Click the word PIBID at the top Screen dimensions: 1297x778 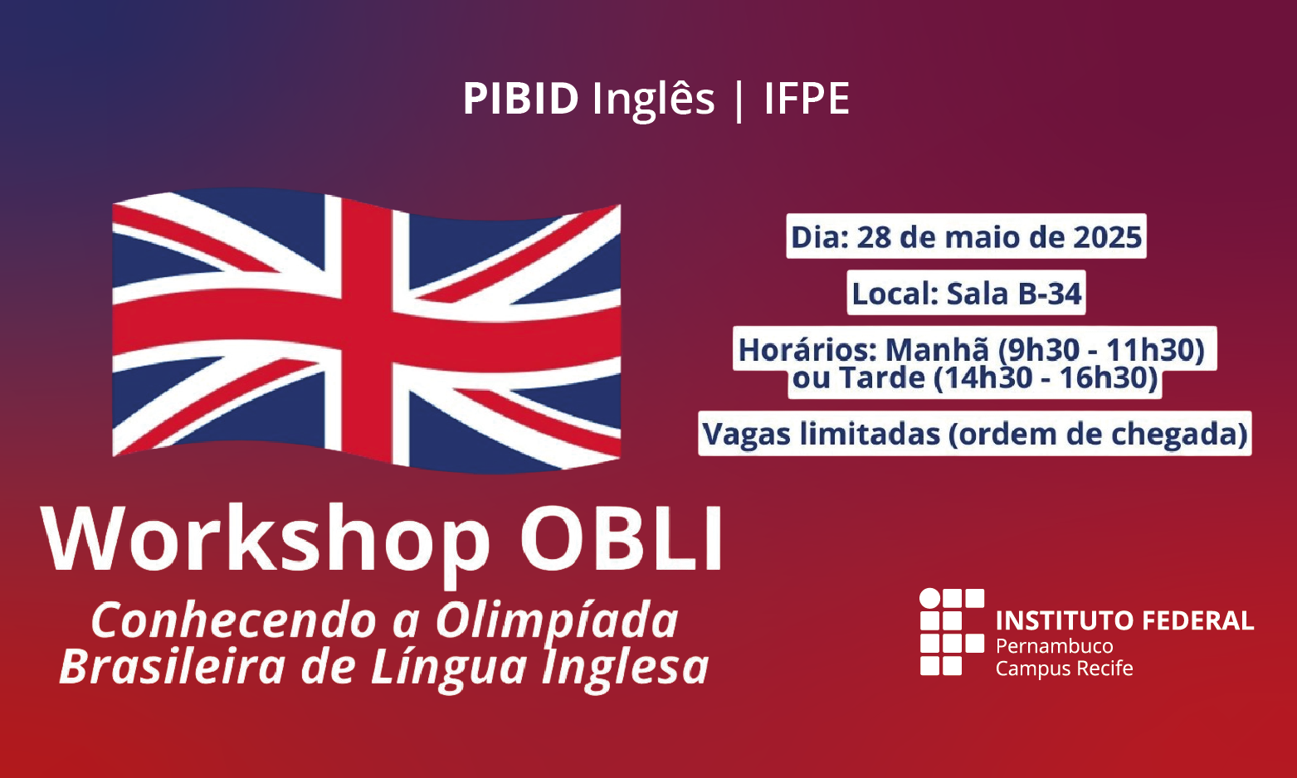(520, 99)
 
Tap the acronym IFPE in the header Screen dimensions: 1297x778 (807, 99)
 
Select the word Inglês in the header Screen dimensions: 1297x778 (653, 100)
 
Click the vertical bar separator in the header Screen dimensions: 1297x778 (739, 100)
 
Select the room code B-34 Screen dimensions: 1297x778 (1049, 294)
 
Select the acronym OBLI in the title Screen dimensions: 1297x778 (622, 539)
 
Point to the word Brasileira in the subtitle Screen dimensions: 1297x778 (172, 668)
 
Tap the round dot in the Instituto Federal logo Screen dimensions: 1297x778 (930, 599)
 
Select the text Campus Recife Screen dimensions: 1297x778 (1064, 669)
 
